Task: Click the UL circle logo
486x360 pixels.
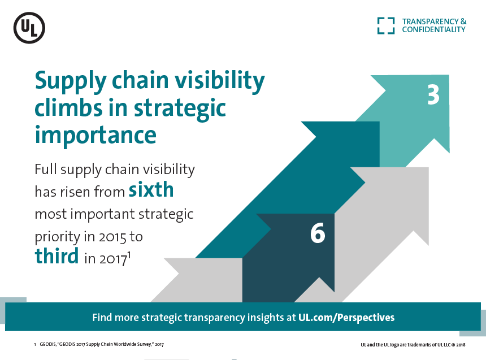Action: click(x=29, y=28)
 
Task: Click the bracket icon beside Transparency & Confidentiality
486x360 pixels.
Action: click(x=386, y=25)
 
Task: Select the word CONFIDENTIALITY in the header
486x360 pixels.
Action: click(x=433, y=29)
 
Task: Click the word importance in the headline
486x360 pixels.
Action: click(x=96, y=135)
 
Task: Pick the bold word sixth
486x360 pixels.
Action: click(x=151, y=190)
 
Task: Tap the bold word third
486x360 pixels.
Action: click(x=57, y=256)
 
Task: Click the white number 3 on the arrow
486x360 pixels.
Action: click(x=433, y=94)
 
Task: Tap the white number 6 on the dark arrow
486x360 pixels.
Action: click(x=318, y=233)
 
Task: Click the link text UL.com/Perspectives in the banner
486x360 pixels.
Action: click(x=346, y=317)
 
